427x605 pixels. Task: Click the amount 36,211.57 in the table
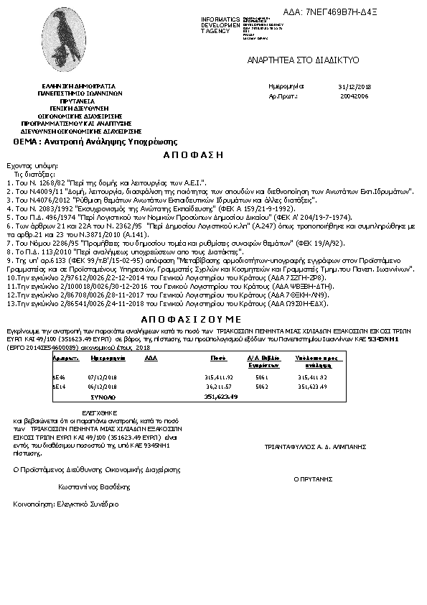click(218, 386)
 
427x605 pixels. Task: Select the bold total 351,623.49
click(220, 396)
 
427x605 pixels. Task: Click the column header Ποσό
click(218, 356)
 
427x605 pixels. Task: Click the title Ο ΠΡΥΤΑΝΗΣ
click(314, 478)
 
